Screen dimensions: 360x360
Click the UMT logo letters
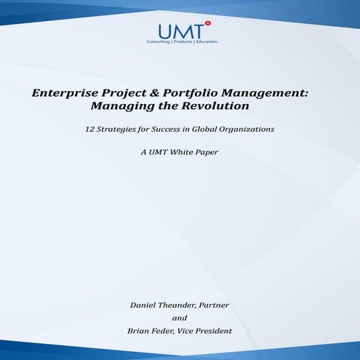[x=177, y=31]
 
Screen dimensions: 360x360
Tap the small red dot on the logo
[x=207, y=23]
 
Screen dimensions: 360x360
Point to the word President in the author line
[x=212, y=331]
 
